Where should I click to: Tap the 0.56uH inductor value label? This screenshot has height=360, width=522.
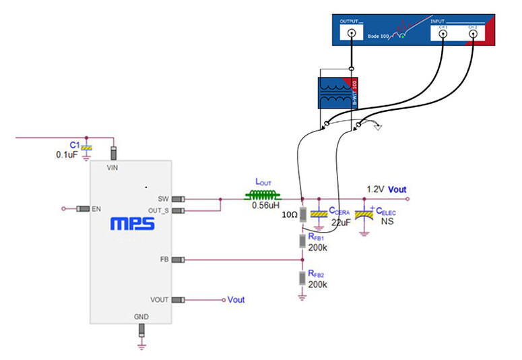(265, 206)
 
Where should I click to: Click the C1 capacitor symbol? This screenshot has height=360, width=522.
(86, 147)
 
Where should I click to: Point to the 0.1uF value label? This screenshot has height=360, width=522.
(68, 155)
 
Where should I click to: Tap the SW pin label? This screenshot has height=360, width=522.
(163, 199)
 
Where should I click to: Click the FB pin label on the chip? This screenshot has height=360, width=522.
(164, 259)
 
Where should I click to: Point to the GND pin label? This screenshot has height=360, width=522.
(141, 316)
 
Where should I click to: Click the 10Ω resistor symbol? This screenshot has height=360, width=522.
(302, 214)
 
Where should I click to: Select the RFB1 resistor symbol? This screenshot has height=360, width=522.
(302, 241)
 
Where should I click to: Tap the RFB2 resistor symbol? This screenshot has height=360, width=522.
(302, 278)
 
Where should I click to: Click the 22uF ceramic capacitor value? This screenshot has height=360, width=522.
(341, 221)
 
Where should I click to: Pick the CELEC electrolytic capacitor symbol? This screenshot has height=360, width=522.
(364, 213)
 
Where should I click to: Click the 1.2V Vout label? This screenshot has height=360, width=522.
(387, 189)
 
